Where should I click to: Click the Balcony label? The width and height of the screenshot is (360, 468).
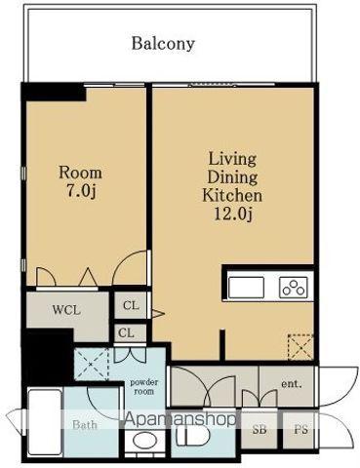pyautogui.click(x=163, y=44)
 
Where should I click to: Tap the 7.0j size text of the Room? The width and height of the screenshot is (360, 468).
pyautogui.click(x=81, y=191)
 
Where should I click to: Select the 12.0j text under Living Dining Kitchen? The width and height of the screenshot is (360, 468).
pyautogui.click(x=232, y=214)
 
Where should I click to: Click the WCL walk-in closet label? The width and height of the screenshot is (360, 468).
pyautogui.click(x=66, y=310)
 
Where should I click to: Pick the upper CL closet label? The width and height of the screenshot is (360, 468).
pyautogui.click(x=131, y=305)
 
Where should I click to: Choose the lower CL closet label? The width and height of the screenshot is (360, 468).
pyautogui.click(x=126, y=332)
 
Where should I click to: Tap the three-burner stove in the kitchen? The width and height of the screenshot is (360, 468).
pyautogui.click(x=293, y=288)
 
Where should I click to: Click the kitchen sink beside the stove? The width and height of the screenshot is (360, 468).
pyautogui.click(x=246, y=288)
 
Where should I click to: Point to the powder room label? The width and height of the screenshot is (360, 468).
pyautogui.click(x=143, y=387)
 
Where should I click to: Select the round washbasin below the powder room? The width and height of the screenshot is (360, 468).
pyautogui.click(x=144, y=441)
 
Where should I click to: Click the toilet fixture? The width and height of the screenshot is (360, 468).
pyautogui.click(x=193, y=435)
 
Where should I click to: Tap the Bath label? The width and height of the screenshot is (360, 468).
pyautogui.click(x=85, y=425)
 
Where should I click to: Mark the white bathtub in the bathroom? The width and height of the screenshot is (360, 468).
pyautogui.click(x=45, y=422)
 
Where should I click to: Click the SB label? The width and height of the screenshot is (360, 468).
pyautogui.click(x=260, y=430)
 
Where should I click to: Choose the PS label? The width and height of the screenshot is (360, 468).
pyautogui.click(x=300, y=430)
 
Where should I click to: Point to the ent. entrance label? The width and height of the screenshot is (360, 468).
pyautogui.click(x=292, y=384)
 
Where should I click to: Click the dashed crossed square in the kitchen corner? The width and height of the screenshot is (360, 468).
pyautogui.click(x=300, y=347)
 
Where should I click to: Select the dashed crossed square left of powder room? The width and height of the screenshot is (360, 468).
pyautogui.click(x=92, y=364)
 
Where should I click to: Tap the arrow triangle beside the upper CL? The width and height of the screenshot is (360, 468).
pyautogui.click(x=158, y=314)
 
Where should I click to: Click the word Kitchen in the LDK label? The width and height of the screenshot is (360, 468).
pyautogui.click(x=232, y=195)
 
